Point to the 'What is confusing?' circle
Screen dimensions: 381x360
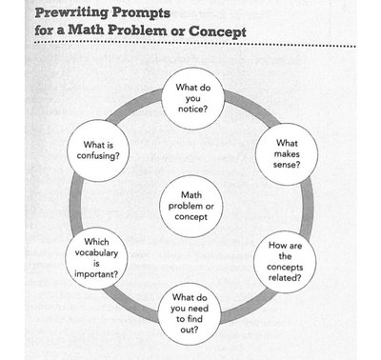(98, 151)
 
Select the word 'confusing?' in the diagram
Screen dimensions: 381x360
(98, 158)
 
